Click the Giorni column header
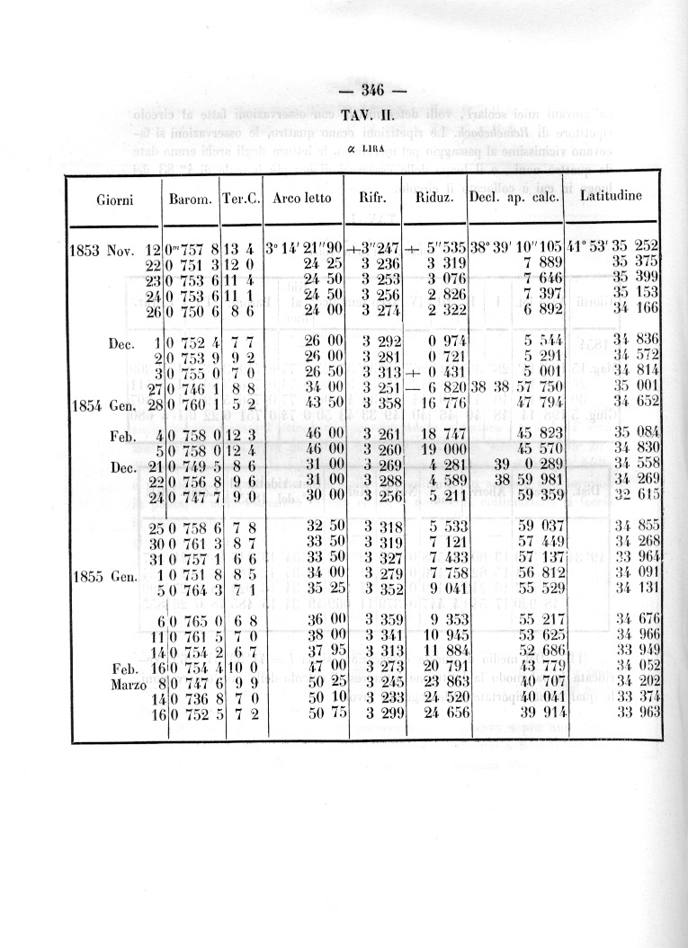pos(115,199)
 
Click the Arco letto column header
pos(301,199)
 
